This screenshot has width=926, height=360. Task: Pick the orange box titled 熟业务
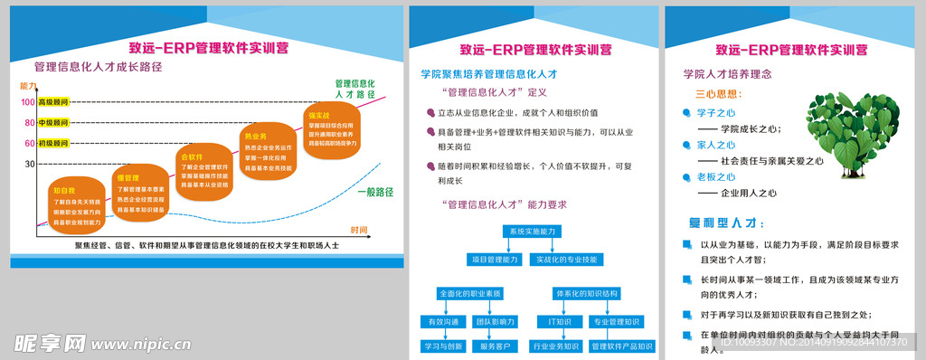pyautogui.click(x=267, y=152)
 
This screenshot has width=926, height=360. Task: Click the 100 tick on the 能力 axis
pyautogui.click(x=29, y=102)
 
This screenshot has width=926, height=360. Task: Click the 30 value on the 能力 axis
pyautogui.click(x=30, y=164)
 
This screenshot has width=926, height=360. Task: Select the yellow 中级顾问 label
pyautogui.click(x=53, y=123)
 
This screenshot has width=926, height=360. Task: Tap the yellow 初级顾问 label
pyautogui.click(x=53, y=143)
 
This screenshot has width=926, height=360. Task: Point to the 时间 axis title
pyautogui.click(x=360, y=230)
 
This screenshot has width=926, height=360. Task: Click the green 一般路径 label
pyautogui.click(x=375, y=192)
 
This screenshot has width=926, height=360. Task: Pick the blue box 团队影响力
pyautogui.click(x=496, y=321)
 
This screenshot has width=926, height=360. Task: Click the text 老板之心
pyautogui.click(x=717, y=176)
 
